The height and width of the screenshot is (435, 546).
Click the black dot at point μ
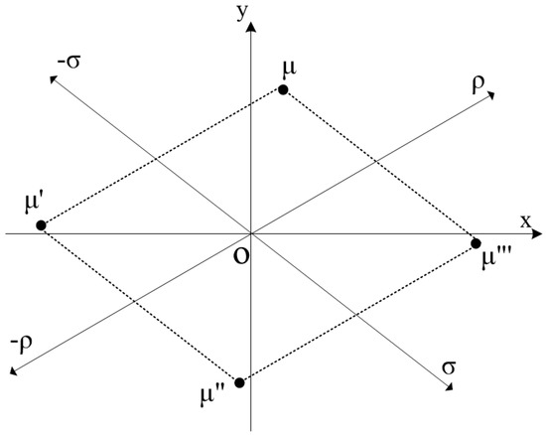coord(283,90)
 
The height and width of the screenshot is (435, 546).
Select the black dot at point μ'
coord(41,225)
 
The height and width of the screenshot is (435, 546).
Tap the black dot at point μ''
coord(239,382)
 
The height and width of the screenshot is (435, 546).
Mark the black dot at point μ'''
coord(476,243)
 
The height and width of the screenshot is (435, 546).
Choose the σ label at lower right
coord(451,368)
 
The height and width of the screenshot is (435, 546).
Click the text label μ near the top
coord(288,71)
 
